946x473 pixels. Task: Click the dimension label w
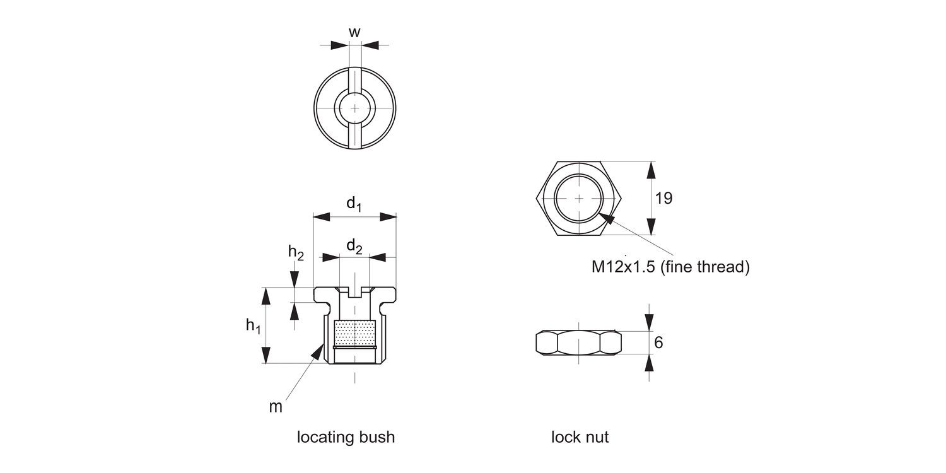[354, 32]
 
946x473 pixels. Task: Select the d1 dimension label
[354, 204]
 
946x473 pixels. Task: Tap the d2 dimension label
[354, 245]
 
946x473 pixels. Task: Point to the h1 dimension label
[253, 326]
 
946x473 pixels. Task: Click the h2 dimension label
[296, 252]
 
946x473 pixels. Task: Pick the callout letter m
[276, 407]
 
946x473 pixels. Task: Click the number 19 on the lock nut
[663, 198]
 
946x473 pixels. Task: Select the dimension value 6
[659, 343]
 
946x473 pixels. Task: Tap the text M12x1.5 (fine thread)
[670, 267]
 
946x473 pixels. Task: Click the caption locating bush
[346, 437]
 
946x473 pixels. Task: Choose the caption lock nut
[580, 437]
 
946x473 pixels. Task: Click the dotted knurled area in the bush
[355, 332]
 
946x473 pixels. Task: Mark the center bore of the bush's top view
[355, 108]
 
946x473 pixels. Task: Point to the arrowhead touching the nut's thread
[607, 217]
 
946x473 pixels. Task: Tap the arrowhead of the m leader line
[318, 351]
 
